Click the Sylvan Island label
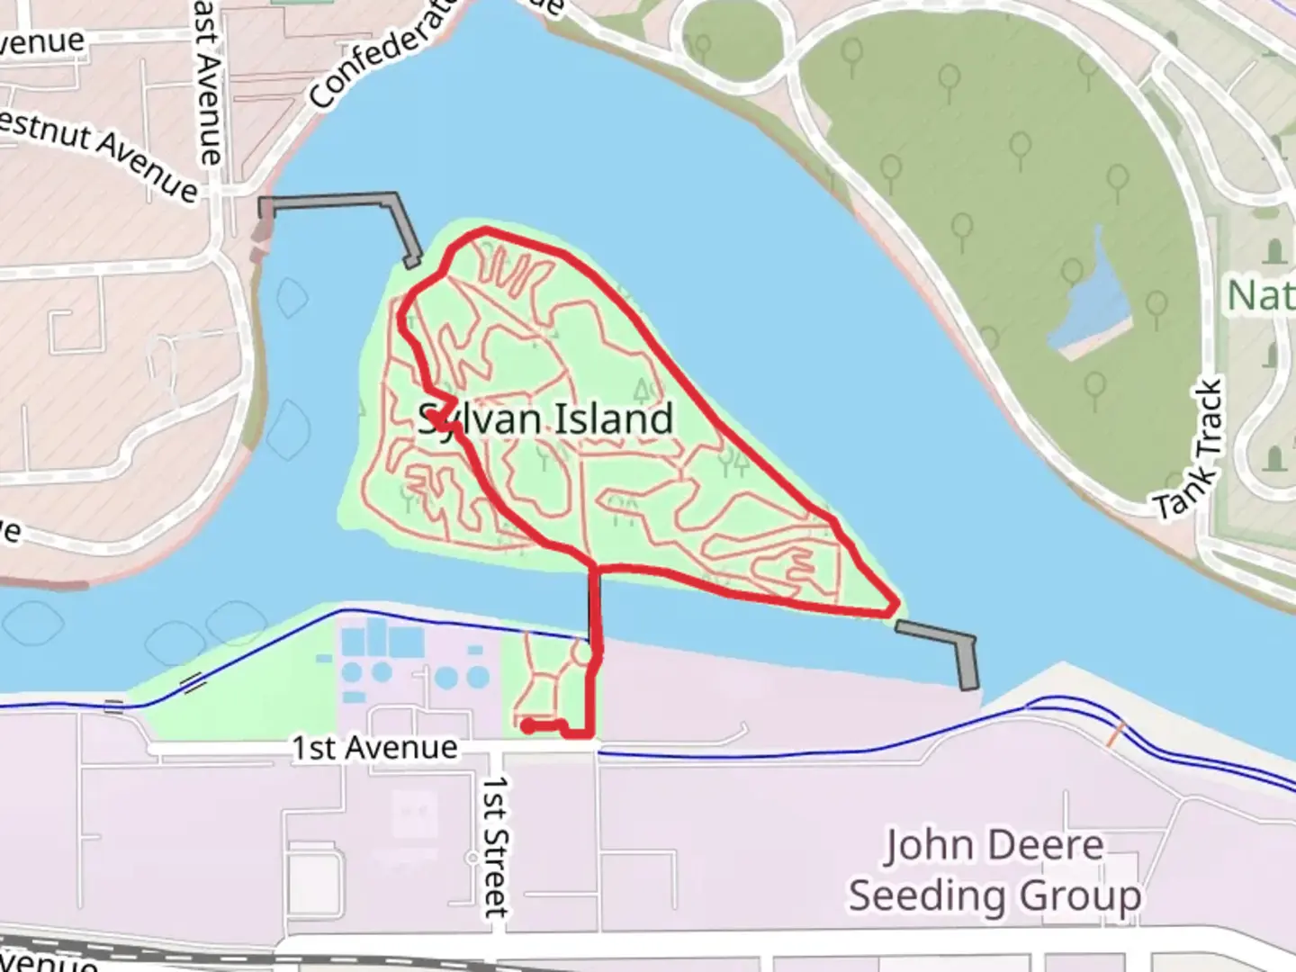pyautogui.click(x=546, y=420)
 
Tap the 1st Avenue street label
pyautogui.click(x=374, y=747)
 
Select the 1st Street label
pyautogui.click(x=496, y=846)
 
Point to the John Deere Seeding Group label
pyautogui.click(x=994, y=871)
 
